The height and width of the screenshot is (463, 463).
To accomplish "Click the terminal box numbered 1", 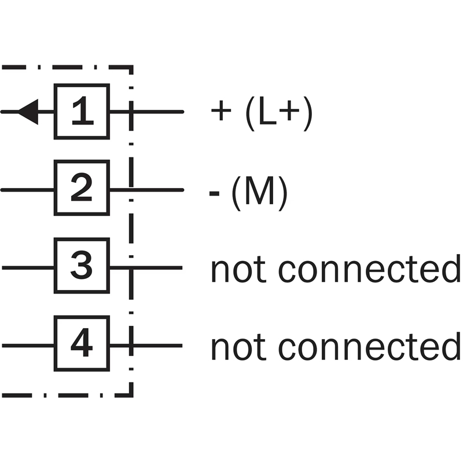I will (82, 112).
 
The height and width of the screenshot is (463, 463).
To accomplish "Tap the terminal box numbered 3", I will (82, 267).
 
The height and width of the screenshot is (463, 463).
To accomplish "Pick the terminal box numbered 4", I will (82, 345).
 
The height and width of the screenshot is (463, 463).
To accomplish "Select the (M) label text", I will (259, 193).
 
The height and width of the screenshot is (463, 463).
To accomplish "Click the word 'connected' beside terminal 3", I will (369, 270).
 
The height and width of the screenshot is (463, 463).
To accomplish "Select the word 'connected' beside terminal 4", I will (369, 347).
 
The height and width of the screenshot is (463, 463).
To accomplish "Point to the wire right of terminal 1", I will (156, 112).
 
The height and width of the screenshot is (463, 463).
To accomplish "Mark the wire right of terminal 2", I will (156, 189).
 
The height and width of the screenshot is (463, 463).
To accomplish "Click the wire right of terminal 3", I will (156, 267).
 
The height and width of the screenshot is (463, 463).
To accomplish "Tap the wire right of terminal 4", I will (156, 346).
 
